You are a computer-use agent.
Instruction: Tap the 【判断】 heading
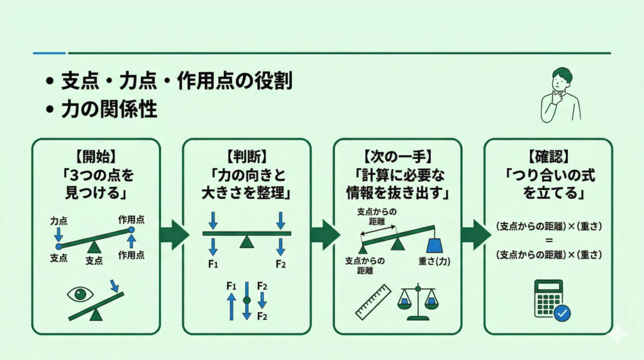tap(247, 154)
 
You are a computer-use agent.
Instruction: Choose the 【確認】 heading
tap(547, 154)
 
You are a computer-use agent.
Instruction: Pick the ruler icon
tap(373, 302)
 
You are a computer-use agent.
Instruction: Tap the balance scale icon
tap(417, 301)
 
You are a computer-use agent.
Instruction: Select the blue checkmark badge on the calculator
tap(562, 312)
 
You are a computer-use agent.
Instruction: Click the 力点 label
tap(58, 222)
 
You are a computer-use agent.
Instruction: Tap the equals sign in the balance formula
tap(548, 240)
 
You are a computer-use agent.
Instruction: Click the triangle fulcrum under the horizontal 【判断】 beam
tap(247, 242)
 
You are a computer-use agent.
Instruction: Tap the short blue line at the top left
tap(48, 53)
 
